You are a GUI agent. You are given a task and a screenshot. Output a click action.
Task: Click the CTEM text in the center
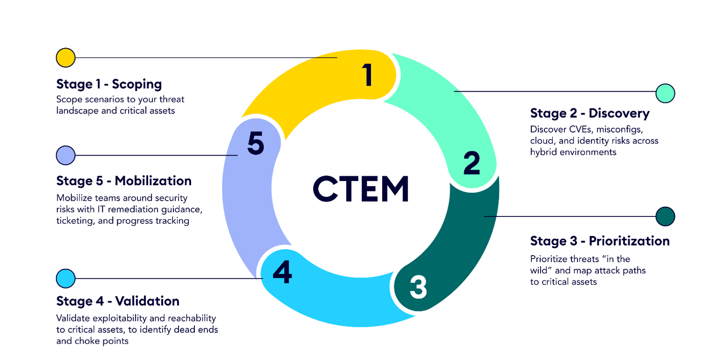(x=361, y=188)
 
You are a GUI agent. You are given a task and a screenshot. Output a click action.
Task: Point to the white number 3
(x=418, y=287)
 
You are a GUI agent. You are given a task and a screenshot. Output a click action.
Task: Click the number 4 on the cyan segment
(x=282, y=272)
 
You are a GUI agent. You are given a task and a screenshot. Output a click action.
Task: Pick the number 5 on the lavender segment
(x=255, y=144)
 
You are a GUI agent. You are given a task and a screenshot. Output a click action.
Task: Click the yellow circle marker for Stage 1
(x=65, y=58)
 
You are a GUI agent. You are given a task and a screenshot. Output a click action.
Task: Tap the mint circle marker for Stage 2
(x=665, y=93)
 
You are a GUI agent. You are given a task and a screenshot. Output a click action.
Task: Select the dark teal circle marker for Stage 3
(x=665, y=216)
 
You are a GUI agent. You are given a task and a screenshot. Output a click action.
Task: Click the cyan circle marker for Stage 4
(x=65, y=279)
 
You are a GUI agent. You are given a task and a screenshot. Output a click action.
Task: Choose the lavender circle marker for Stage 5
(x=65, y=155)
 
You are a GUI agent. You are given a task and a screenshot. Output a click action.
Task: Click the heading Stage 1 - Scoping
(x=109, y=84)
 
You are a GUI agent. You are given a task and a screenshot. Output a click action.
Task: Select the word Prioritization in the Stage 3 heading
(x=629, y=241)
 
